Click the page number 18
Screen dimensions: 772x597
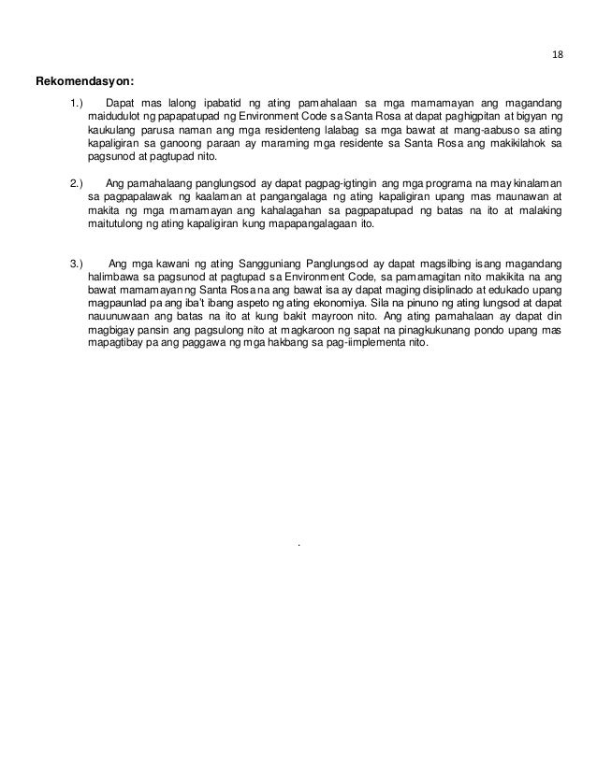[558, 54]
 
